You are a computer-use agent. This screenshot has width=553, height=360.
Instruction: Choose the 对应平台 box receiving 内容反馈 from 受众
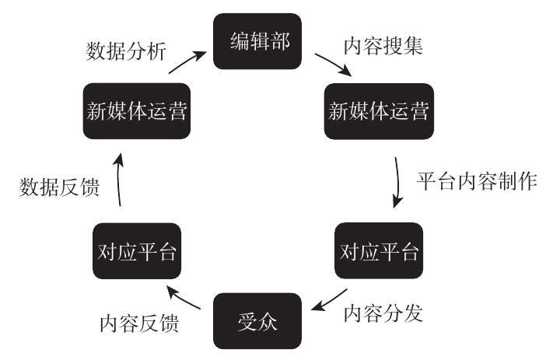coord(136,251)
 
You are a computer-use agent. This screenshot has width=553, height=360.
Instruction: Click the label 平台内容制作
coord(477,181)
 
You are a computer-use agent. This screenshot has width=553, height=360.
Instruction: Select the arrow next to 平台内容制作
coord(399,183)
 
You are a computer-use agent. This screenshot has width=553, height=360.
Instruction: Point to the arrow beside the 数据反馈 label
coord(118,180)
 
